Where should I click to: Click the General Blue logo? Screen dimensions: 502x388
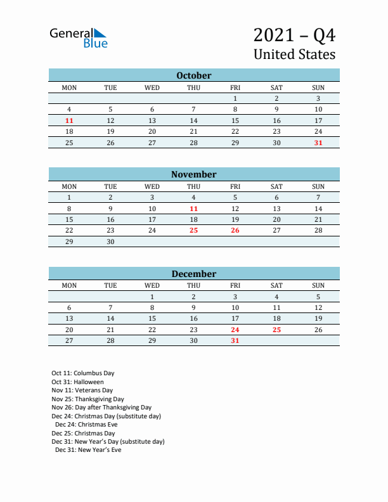click(x=79, y=37)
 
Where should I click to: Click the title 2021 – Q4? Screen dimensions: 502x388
click(x=294, y=34)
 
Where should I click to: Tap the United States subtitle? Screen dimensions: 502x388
click(x=294, y=55)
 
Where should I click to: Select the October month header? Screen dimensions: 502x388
click(x=194, y=75)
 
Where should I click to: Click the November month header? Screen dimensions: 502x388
click(x=194, y=174)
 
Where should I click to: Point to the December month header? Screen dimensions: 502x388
click(x=194, y=274)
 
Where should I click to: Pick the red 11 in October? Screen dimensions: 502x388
click(x=69, y=120)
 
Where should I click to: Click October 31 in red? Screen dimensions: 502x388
click(x=318, y=143)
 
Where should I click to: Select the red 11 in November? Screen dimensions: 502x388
click(x=193, y=209)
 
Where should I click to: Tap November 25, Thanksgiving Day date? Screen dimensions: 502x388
click(x=193, y=231)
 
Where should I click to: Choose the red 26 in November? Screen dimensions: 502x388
click(x=235, y=231)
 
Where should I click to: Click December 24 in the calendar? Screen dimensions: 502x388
click(x=235, y=330)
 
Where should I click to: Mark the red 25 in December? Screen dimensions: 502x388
click(x=276, y=330)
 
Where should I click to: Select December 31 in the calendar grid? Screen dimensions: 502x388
click(x=235, y=341)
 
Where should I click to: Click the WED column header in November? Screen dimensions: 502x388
click(x=152, y=186)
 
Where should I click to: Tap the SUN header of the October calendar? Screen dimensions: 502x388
click(x=318, y=87)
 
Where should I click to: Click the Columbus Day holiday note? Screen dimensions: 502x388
click(x=83, y=373)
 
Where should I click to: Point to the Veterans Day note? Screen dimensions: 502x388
click(x=82, y=390)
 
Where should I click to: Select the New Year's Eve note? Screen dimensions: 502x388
click(x=88, y=450)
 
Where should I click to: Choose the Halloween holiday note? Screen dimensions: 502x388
click(x=78, y=382)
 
